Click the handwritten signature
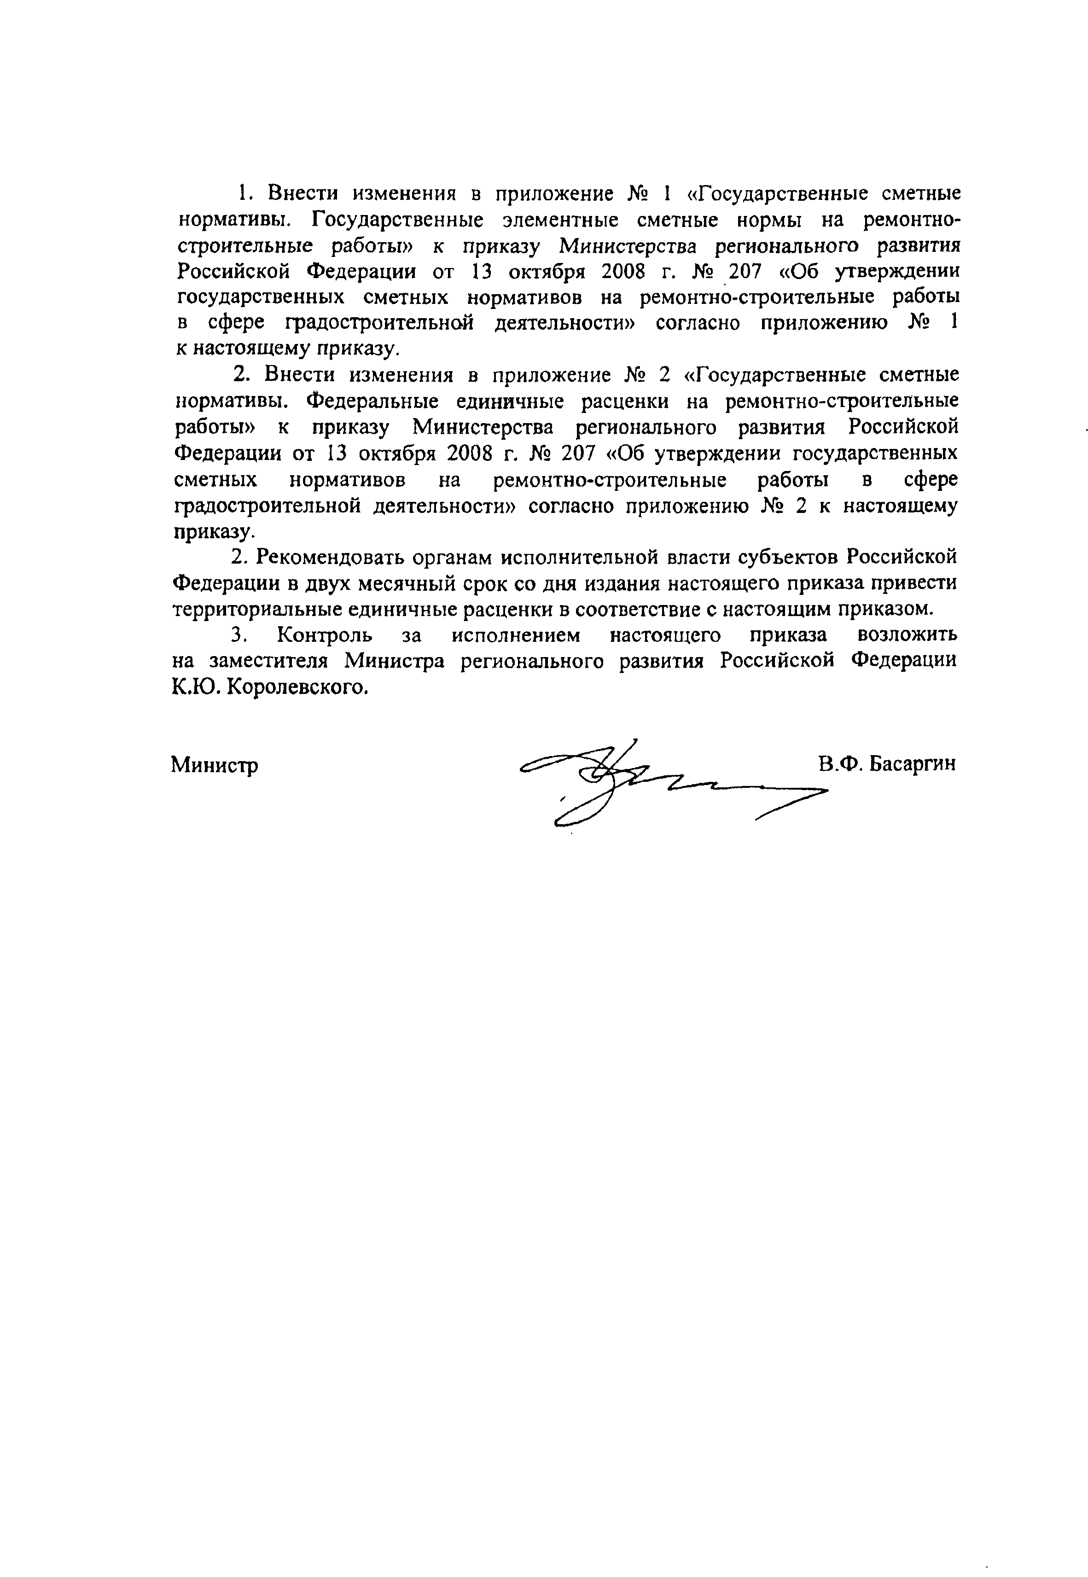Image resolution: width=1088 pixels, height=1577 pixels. [x=671, y=784]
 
